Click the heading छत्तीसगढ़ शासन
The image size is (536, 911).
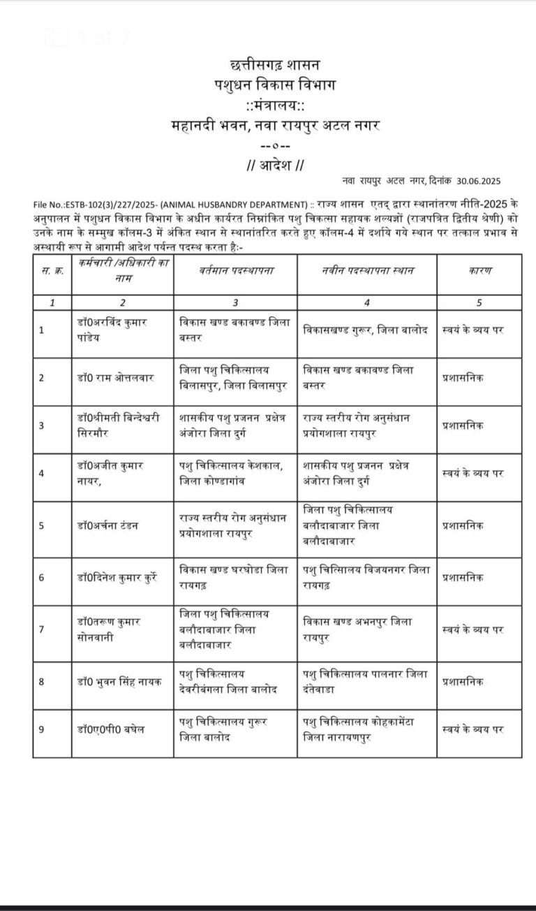268,64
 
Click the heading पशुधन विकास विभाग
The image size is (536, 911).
268,85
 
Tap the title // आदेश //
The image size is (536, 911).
268,166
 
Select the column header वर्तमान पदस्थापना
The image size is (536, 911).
235,270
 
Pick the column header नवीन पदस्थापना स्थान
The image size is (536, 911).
367,270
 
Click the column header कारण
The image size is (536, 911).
481,270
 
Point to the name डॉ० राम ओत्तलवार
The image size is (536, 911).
115,378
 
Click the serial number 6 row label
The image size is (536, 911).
42,578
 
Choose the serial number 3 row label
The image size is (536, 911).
42,425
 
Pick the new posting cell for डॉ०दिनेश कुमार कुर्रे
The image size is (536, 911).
366,578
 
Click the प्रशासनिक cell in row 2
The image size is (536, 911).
463,378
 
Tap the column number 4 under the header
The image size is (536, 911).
367,303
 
